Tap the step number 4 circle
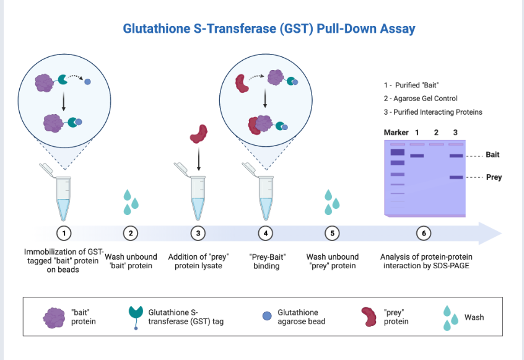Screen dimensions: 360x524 tap(266, 233)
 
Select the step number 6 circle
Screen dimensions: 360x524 tap(424, 233)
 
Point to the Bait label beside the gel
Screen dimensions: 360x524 tap(492, 155)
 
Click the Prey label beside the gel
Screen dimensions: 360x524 tap(494, 177)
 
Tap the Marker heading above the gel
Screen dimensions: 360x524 tap(396, 133)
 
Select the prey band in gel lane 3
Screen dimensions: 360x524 tap(456, 177)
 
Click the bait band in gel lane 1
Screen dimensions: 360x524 tap(417, 156)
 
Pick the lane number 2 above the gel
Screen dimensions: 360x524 tap(436, 133)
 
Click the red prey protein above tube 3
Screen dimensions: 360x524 tap(198, 134)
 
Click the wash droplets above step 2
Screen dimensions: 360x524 tap(131, 202)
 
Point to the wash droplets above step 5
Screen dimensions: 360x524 tap(333, 202)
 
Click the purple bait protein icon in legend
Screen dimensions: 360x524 tap(54, 317)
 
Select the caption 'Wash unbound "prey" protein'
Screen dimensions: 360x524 tap(333, 261)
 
